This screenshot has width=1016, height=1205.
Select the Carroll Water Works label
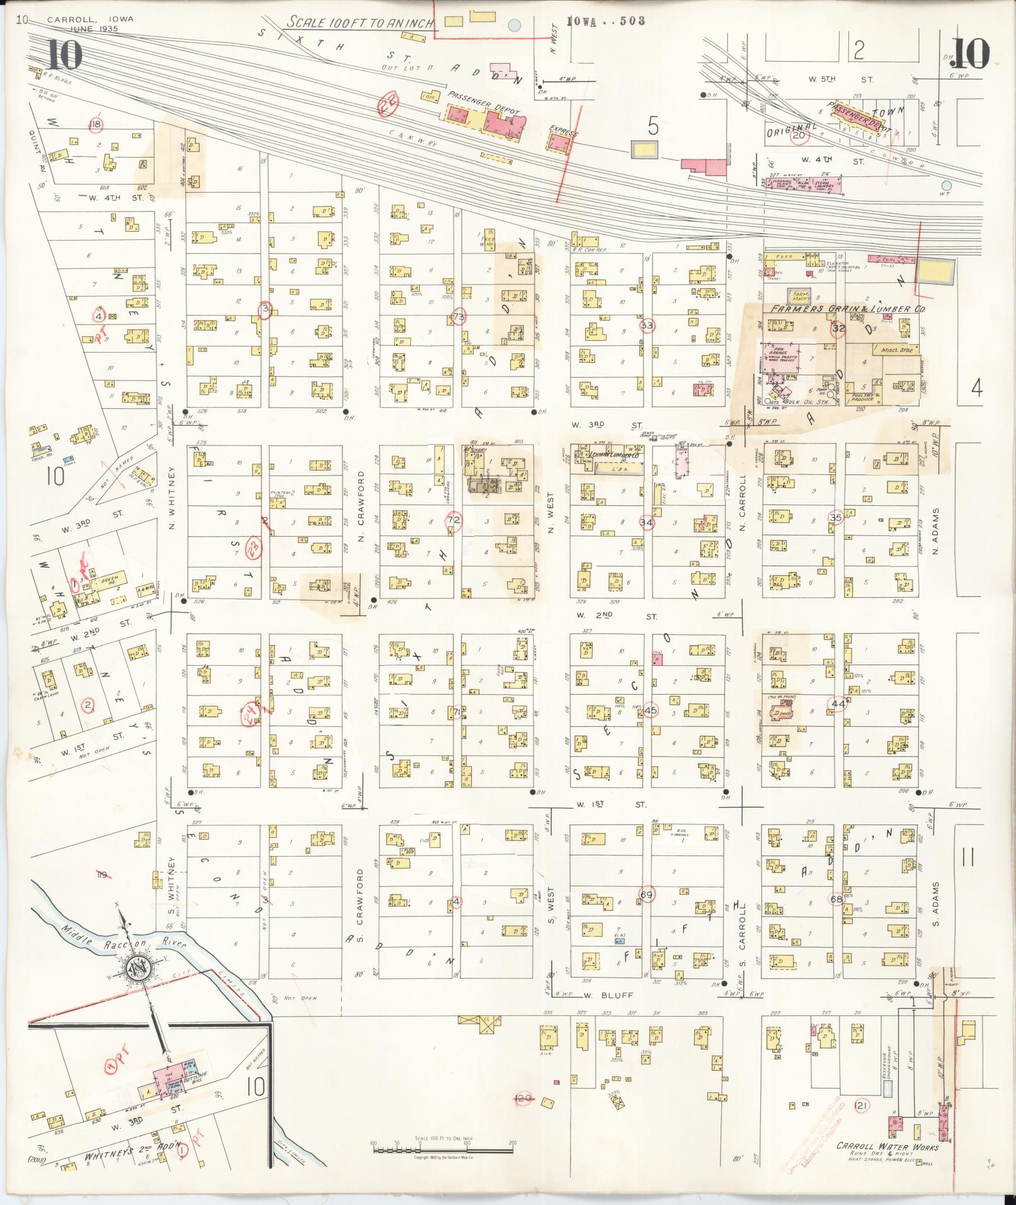pyautogui.click(x=887, y=1147)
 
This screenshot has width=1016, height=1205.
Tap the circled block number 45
pyautogui.click(x=651, y=709)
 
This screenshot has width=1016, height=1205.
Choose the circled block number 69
pyautogui.click(x=646, y=894)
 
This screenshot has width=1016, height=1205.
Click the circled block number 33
pyautogui.click(x=647, y=326)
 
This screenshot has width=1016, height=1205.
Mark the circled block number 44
pyautogui.click(x=837, y=704)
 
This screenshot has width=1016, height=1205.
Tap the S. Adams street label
pyautogui.click(x=936, y=903)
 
